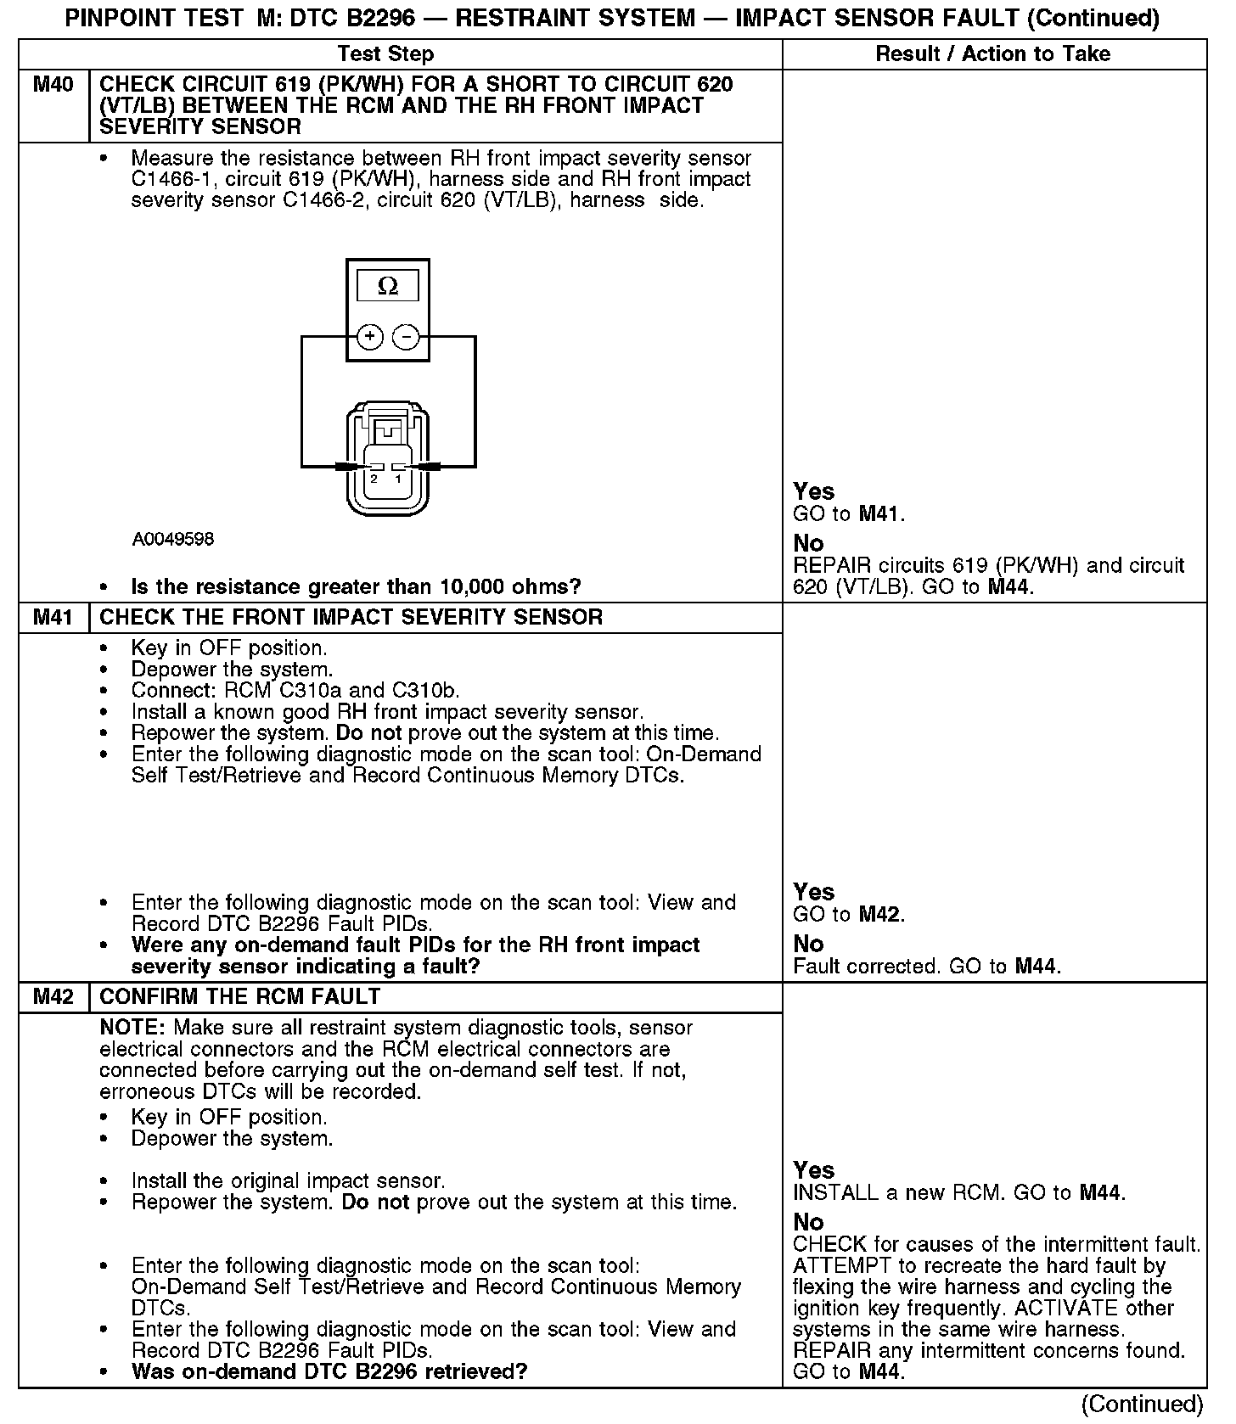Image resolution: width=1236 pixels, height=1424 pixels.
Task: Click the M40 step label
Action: (53, 85)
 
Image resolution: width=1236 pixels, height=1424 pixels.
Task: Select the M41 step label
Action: (53, 617)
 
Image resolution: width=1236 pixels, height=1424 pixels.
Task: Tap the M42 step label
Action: (53, 996)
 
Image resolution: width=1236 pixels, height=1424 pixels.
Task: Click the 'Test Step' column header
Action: (385, 54)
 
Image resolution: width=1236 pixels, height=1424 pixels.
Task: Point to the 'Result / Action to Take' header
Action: (992, 54)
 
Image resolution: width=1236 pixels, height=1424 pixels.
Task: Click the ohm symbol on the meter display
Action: (387, 286)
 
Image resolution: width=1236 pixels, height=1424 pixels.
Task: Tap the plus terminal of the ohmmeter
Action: (369, 337)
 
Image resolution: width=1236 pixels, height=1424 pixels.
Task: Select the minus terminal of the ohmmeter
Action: (407, 337)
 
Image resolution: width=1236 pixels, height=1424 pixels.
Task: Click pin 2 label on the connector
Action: (374, 479)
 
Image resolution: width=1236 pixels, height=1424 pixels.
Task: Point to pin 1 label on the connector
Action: (397, 479)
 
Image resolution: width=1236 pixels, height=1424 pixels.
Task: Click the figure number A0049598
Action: (172, 539)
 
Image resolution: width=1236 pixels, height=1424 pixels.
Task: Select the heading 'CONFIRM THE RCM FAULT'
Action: (239, 996)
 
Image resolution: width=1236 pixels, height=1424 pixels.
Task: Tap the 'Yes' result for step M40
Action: (813, 491)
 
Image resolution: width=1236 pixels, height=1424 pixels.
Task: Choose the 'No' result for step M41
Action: (808, 944)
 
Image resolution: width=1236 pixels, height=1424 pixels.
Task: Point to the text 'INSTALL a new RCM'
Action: (896, 1192)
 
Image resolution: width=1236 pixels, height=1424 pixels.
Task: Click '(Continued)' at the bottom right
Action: (1143, 1404)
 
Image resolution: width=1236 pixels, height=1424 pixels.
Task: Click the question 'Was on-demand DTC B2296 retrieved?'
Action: (329, 1371)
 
